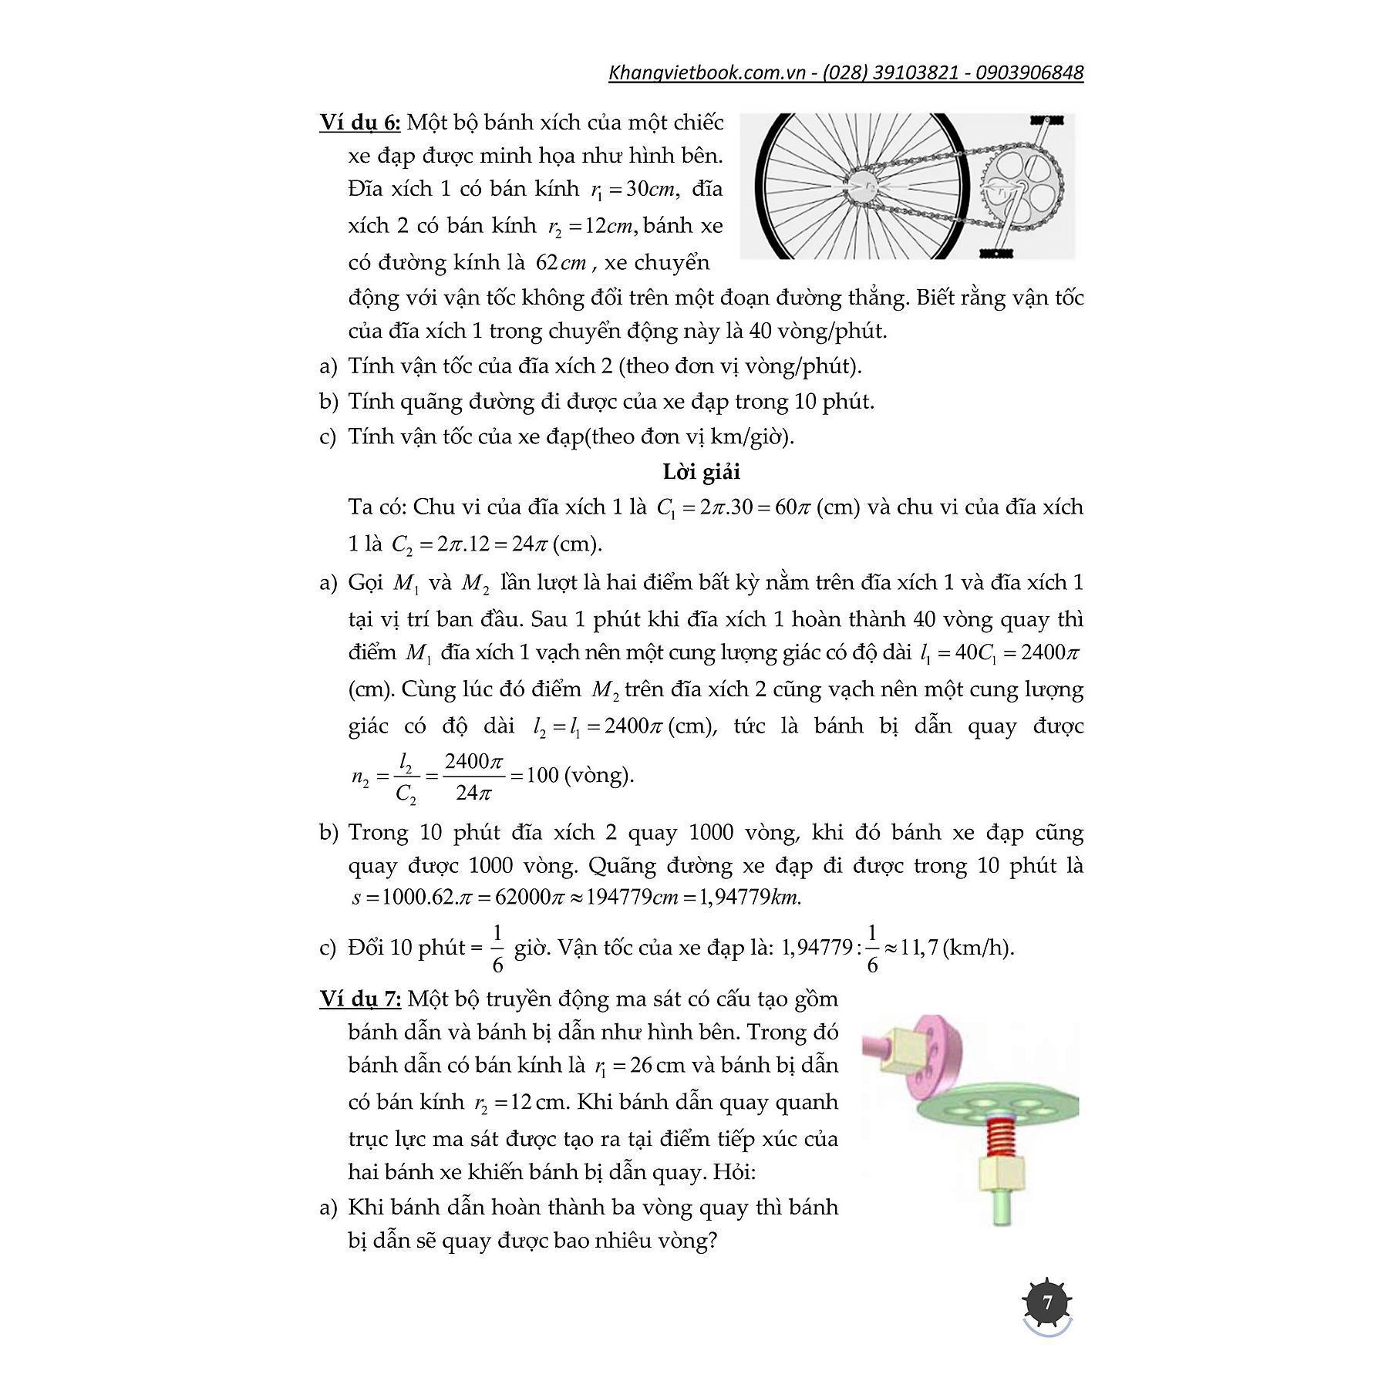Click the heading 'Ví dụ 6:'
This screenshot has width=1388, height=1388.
coord(359,123)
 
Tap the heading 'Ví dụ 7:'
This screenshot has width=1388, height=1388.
coord(360,999)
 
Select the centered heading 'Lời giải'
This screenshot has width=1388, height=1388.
coord(701,472)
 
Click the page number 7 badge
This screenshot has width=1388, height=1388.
coord(1047,1303)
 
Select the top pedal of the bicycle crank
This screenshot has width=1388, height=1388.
coord(1046,120)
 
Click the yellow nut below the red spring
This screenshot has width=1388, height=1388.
coord(1002,1174)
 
